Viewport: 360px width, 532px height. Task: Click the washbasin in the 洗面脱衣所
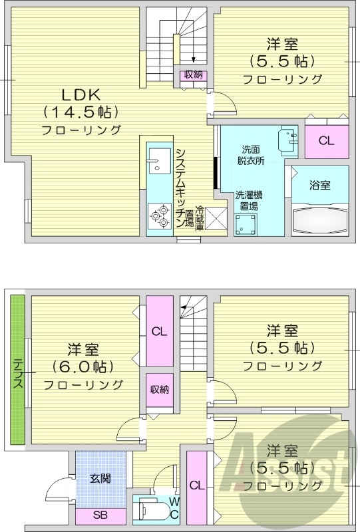pos(289,138)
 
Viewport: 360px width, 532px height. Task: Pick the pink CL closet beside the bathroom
pos(325,140)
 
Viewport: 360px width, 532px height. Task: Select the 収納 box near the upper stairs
pos(194,75)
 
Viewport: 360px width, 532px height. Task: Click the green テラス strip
pos(17,370)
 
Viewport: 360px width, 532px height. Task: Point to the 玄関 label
pos(100,479)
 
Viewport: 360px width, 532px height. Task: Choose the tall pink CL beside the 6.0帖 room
pos(158,331)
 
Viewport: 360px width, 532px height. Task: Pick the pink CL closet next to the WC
pos(197,486)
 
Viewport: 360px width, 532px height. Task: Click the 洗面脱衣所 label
pos(251,154)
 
